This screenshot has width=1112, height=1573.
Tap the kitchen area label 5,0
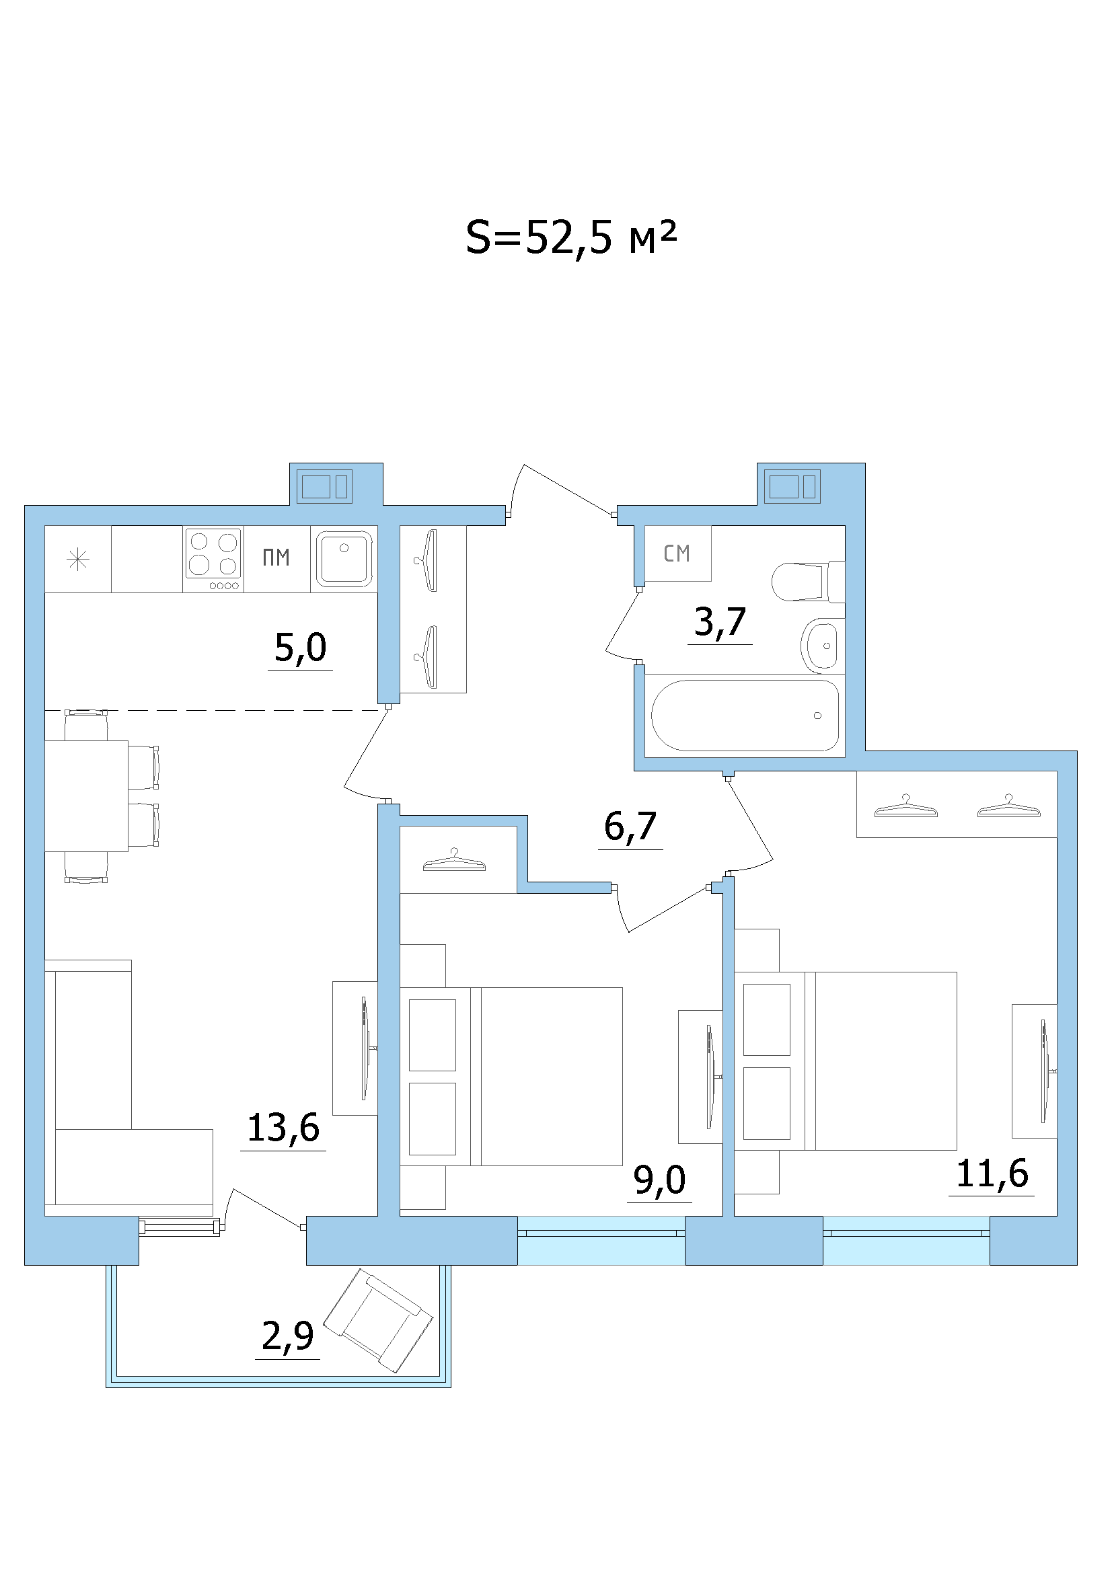[300, 647]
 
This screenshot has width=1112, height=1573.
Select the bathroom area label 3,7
[720, 621]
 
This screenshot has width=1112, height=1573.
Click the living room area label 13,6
[283, 1128]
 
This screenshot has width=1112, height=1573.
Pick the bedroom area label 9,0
[660, 1180]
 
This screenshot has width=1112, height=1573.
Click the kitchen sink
[344, 559]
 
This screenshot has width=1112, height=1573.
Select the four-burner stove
[213, 559]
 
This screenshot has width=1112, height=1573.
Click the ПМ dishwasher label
[276, 558]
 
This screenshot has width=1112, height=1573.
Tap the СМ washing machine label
[677, 553]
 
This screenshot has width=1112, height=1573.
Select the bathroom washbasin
[819, 646]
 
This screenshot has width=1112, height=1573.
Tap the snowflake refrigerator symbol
[77, 560]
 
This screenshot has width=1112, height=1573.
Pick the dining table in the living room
[86, 796]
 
